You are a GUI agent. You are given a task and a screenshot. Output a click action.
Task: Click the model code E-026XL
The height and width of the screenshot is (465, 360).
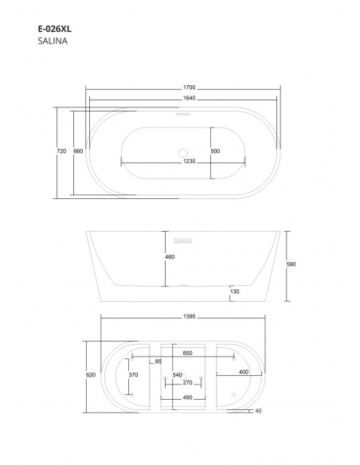coord(55,29)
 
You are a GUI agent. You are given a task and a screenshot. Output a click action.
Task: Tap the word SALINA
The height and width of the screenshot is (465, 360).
coord(53,41)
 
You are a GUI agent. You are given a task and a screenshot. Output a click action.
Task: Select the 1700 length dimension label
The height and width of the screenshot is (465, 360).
coord(190,88)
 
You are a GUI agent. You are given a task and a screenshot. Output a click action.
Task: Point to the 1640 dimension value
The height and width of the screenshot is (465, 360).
coord(190,98)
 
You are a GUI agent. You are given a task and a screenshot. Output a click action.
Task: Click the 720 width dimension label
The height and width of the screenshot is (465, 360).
coord(61,151)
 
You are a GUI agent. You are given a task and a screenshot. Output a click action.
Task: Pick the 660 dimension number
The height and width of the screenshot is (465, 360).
coord(78,151)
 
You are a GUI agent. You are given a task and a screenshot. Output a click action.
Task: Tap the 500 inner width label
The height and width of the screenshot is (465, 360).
coord(215,151)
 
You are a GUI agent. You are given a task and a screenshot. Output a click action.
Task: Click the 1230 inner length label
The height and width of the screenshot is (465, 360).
coord(190,162)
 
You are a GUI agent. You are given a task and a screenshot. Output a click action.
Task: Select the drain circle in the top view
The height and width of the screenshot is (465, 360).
coord(183,153)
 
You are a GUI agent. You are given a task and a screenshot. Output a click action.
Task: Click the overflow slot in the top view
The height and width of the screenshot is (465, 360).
coord(183,114)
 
